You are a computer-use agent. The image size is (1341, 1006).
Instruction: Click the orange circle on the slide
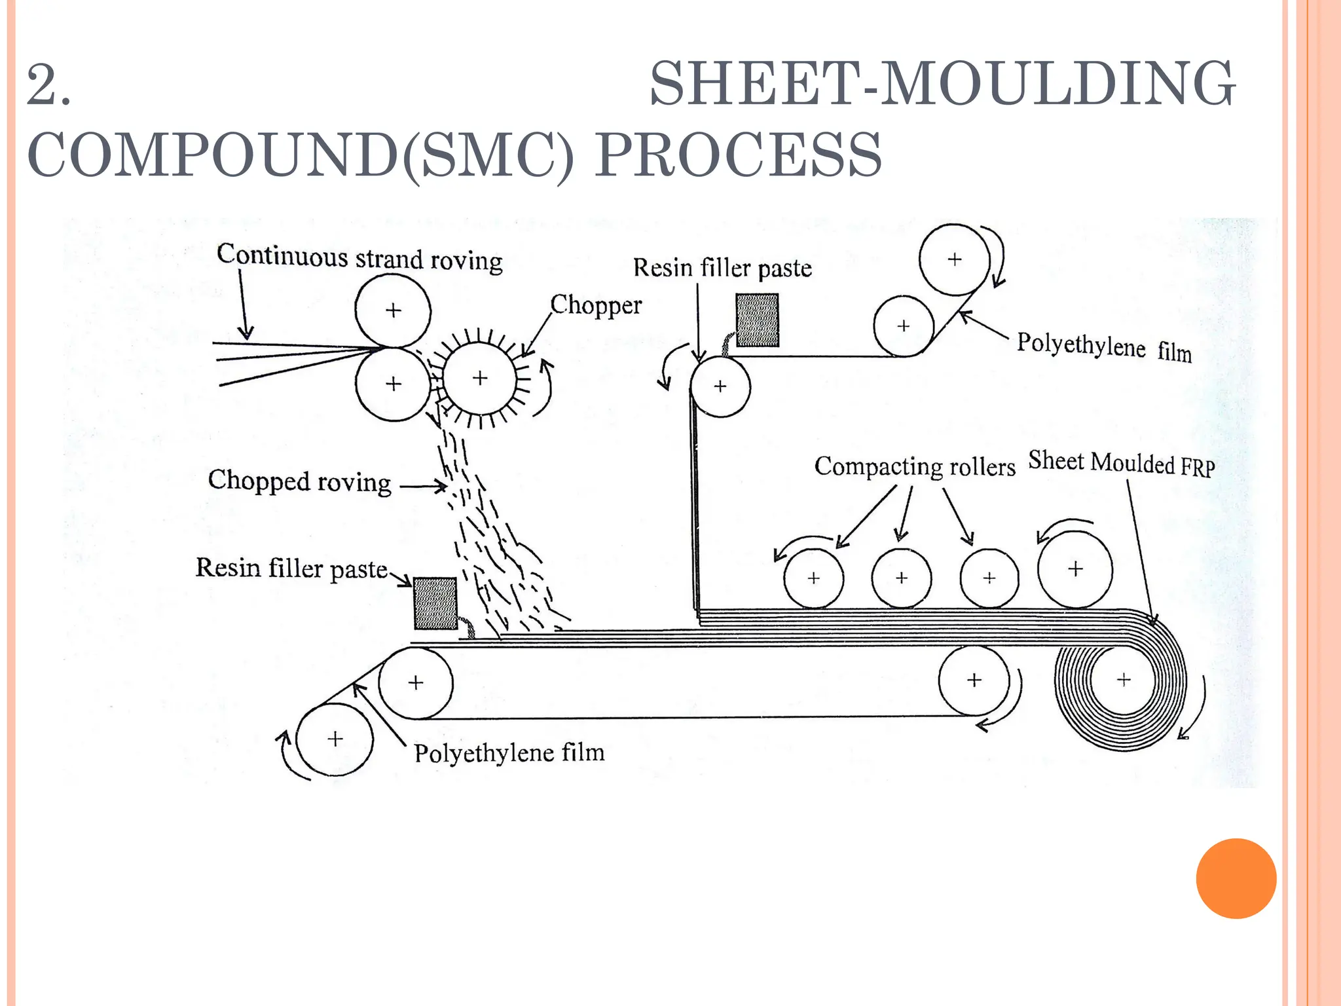point(1236,878)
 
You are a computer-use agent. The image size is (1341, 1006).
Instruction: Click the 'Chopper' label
point(596,305)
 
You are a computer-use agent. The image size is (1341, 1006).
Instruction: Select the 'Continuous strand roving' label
point(359,257)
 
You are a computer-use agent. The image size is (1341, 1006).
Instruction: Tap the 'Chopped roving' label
point(299,481)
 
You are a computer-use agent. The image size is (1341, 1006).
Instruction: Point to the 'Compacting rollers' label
point(914,466)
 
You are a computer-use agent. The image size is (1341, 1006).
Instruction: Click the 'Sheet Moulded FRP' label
point(1121,463)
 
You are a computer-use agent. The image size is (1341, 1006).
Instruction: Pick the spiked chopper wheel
point(480,378)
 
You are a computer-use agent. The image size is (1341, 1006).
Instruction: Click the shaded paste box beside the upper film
point(757,320)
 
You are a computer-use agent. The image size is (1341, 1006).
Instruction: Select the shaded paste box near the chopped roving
point(435,603)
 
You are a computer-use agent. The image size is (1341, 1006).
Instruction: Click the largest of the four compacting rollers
point(1075,568)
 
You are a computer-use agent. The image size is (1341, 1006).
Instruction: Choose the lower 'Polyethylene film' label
point(509,753)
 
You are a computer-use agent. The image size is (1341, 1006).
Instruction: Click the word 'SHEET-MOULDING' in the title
point(942,84)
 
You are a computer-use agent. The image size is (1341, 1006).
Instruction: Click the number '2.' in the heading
point(49,85)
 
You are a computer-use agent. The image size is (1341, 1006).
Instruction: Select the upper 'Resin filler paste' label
point(722,268)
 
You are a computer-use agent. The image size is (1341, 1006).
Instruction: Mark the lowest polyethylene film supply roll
point(335,739)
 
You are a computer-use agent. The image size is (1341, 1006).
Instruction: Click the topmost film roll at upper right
point(954,259)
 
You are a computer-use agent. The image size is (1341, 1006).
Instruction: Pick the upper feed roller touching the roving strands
point(393,310)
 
